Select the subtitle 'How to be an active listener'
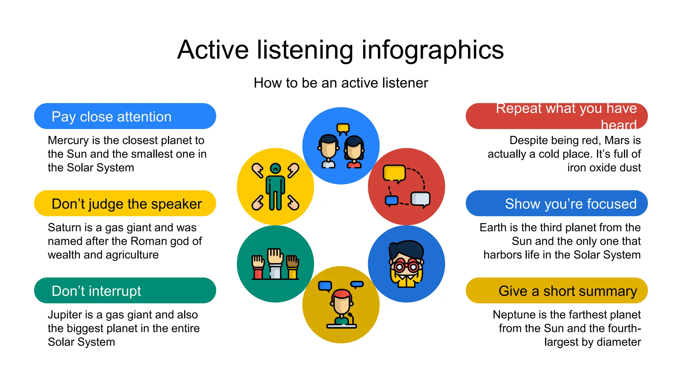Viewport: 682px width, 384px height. pyautogui.click(x=341, y=83)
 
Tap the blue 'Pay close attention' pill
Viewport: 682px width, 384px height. pyautogui.click(x=125, y=116)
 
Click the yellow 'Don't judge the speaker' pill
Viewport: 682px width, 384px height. pyautogui.click(x=125, y=203)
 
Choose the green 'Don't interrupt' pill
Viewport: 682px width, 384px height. pyautogui.click(x=125, y=290)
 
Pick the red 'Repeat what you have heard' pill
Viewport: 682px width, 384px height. pyautogui.click(x=556, y=116)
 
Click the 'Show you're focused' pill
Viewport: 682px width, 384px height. pyautogui.click(x=556, y=203)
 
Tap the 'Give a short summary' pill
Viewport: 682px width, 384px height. pyautogui.click(x=556, y=290)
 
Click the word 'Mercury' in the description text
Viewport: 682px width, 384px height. pyautogui.click(x=68, y=140)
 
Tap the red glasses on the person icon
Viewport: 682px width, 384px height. pyautogui.click(x=406, y=266)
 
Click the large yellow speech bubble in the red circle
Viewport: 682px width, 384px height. pyautogui.click(x=394, y=173)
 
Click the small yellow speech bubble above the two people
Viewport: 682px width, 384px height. pyautogui.click(x=343, y=128)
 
